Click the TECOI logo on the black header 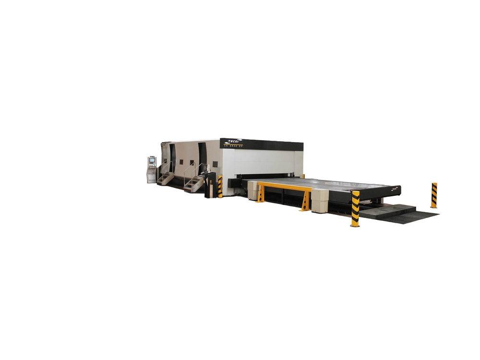(235, 142)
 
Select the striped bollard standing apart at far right (434, 195)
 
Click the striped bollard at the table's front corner (355, 209)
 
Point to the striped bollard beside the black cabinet (220, 187)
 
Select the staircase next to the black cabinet (193, 181)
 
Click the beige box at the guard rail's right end (320, 200)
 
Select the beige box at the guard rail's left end (253, 190)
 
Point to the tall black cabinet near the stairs (210, 185)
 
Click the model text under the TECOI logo (235, 145)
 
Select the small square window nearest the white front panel (215, 164)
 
